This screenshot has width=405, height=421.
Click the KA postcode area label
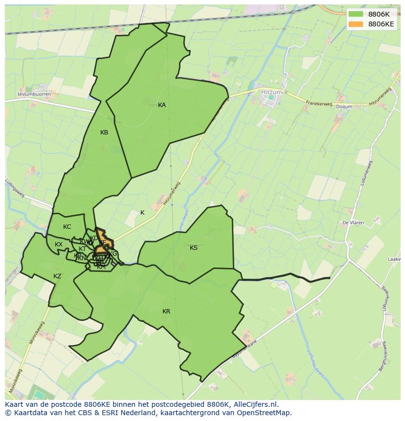[x=162, y=105]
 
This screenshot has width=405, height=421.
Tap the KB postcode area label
[x=104, y=133]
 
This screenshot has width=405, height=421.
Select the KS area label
[x=194, y=248]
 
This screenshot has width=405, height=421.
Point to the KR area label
[x=166, y=311]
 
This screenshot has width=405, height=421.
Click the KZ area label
[x=57, y=276]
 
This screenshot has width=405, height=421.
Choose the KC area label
[x=67, y=227]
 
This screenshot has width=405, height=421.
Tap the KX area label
[x=59, y=244]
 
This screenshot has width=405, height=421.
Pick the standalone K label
[x=142, y=213]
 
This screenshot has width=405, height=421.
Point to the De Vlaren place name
[x=353, y=222]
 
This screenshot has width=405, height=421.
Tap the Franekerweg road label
[x=318, y=104]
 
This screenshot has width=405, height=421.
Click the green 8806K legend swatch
[x=356, y=15]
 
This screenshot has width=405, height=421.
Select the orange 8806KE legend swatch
[x=356, y=24]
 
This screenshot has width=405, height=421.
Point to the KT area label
[x=82, y=249]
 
